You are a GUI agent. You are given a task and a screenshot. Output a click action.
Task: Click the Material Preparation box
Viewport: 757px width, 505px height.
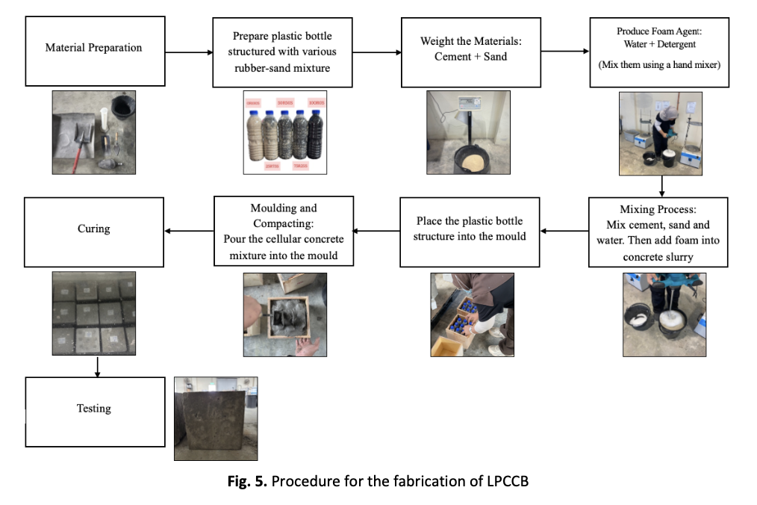point(94,49)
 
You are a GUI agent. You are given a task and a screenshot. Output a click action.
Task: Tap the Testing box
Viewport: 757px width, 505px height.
point(94,409)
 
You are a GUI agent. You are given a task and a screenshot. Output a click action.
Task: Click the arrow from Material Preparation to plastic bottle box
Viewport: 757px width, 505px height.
point(189,53)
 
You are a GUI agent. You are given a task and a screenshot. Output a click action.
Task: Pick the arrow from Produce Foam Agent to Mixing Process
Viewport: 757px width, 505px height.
point(662,185)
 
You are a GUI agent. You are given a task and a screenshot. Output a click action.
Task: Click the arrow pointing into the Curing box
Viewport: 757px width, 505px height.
point(189,231)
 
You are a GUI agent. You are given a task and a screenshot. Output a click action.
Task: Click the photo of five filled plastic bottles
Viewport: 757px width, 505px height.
point(284,132)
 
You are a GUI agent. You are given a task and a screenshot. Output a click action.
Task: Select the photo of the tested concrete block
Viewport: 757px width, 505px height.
point(215,418)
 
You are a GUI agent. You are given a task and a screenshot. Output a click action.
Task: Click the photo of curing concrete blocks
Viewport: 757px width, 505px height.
point(94,314)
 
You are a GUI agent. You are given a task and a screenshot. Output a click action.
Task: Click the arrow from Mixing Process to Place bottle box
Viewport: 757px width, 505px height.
point(564,231)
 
